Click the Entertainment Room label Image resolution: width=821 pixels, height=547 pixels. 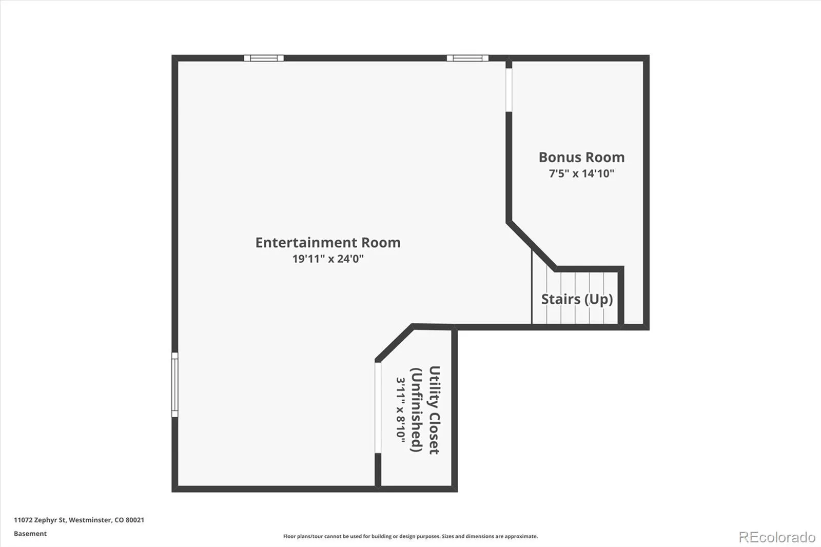tap(328, 242)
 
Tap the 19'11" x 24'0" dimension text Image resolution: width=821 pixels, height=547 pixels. tap(328, 259)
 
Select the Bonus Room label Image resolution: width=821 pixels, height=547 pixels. tap(581, 157)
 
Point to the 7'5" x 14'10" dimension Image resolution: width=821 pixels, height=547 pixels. tap(581, 173)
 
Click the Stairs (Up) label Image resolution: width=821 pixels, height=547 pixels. tap(577, 299)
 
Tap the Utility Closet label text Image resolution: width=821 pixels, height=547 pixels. tap(434, 409)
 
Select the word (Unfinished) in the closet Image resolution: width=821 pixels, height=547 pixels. tap(417, 409)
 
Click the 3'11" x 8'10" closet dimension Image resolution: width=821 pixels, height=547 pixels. tap(401, 409)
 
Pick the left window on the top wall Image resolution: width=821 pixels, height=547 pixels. tap(264, 58)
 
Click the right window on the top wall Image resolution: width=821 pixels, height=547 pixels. tap(467, 58)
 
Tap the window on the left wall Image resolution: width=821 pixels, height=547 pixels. tap(175, 384)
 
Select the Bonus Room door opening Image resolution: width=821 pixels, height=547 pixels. tap(509, 90)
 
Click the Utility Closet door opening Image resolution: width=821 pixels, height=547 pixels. tap(378, 407)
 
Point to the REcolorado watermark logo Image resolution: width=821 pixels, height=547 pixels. tap(777, 537)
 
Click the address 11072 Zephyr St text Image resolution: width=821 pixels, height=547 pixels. tap(40, 520)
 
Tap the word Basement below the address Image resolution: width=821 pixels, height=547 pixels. tap(30, 534)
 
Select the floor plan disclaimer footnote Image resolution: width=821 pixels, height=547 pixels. tap(411, 536)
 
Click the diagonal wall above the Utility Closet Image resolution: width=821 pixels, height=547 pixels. tap(395, 342)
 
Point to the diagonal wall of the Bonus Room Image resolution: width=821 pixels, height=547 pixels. tap(532, 245)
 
